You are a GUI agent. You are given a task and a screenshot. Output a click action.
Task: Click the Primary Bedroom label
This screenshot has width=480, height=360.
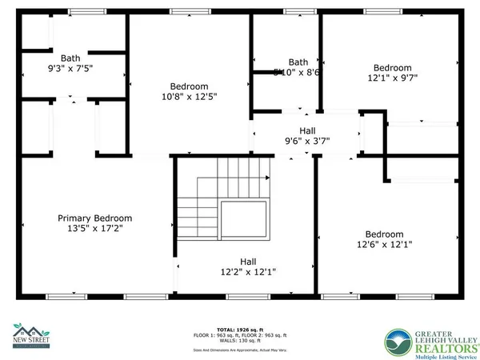pyautogui.click(x=94, y=218)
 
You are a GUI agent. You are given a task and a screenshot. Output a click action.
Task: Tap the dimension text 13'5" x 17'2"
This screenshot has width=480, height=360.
pyautogui.click(x=94, y=228)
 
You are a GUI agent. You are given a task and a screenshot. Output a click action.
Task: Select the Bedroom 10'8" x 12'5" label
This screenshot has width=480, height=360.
pyautogui.click(x=189, y=86)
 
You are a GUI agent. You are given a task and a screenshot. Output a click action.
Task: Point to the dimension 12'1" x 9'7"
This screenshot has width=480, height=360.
pyautogui.click(x=392, y=78)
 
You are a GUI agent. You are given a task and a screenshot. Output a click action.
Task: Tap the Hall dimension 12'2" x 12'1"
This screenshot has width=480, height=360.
pyautogui.click(x=248, y=271)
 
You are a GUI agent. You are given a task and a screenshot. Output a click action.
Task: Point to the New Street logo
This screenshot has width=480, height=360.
pyautogui.click(x=32, y=334)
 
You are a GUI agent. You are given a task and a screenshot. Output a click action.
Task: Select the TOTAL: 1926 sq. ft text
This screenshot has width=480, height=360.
pyautogui.click(x=240, y=329)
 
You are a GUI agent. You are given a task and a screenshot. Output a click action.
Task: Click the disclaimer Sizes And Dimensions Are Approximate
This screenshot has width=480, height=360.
pyautogui.click(x=240, y=350)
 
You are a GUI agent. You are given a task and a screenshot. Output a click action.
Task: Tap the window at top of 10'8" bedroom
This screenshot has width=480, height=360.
pyautogui.click(x=190, y=12)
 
